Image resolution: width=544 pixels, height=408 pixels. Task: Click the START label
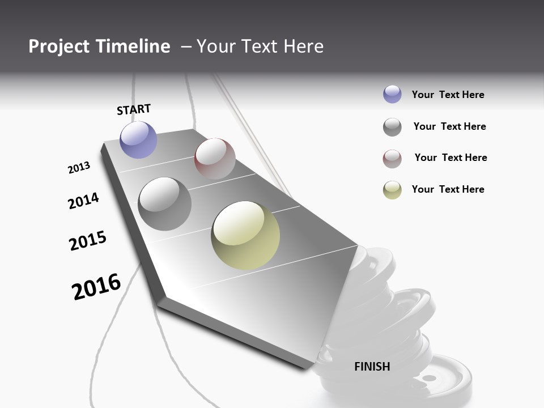click(134, 109)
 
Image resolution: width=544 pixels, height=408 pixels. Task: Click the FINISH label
click(372, 367)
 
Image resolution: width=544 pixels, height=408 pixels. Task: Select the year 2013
click(79, 168)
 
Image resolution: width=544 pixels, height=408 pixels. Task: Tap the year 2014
click(84, 201)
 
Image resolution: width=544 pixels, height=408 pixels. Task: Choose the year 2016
click(96, 286)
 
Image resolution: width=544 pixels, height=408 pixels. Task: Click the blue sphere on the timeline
click(139, 139)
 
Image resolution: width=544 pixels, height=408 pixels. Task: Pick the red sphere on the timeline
click(215, 158)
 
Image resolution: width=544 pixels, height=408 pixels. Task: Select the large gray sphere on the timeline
click(165, 204)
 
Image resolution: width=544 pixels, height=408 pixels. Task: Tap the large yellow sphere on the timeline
click(245, 235)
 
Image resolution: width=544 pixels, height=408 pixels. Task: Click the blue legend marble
click(392, 94)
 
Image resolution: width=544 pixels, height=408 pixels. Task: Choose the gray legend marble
click(392, 127)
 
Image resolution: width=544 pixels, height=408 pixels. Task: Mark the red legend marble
click(392, 159)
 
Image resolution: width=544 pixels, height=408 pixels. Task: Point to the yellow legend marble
click(392, 190)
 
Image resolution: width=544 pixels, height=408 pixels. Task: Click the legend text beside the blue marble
click(448, 95)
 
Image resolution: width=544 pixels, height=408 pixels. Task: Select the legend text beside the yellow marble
click(448, 189)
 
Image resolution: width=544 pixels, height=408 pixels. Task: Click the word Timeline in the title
click(133, 46)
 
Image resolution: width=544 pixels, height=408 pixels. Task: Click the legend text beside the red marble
click(450, 158)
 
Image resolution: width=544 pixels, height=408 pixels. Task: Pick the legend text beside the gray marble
click(449, 126)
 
